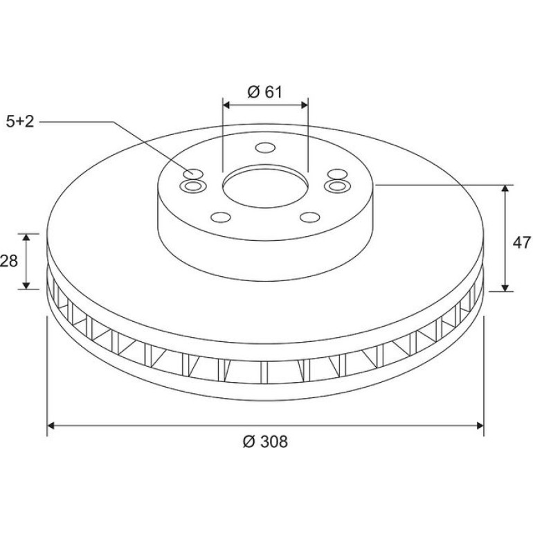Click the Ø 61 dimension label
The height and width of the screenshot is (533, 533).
point(265,92)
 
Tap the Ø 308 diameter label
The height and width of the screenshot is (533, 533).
point(265,442)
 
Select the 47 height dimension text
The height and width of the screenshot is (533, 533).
point(521,243)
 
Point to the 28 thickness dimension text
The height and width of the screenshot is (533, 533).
point(8,261)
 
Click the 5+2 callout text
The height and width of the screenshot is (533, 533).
point(20,121)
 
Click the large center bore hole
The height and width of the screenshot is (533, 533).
point(266,187)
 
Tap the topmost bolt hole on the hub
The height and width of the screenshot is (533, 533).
point(265,148)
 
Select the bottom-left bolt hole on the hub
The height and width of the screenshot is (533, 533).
point(221,217)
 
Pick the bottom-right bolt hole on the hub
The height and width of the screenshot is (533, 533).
point(310,217)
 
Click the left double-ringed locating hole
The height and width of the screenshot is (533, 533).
point(193,186)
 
